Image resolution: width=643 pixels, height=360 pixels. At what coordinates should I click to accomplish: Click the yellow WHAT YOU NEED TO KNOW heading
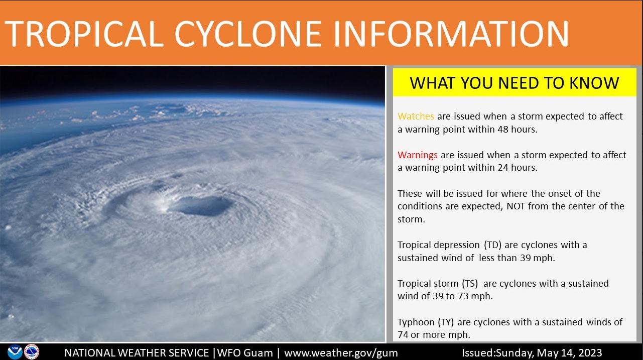pos(515,83)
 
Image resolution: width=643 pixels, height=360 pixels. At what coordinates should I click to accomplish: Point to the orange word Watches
pos(416,116)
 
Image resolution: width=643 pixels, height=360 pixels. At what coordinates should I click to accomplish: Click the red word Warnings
pos(418,155)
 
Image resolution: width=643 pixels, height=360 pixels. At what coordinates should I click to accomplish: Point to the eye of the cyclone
pos(201,205)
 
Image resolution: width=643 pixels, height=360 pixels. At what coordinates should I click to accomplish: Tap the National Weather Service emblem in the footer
pos(32,352)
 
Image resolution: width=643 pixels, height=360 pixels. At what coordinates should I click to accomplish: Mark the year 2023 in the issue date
pos(588,353)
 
